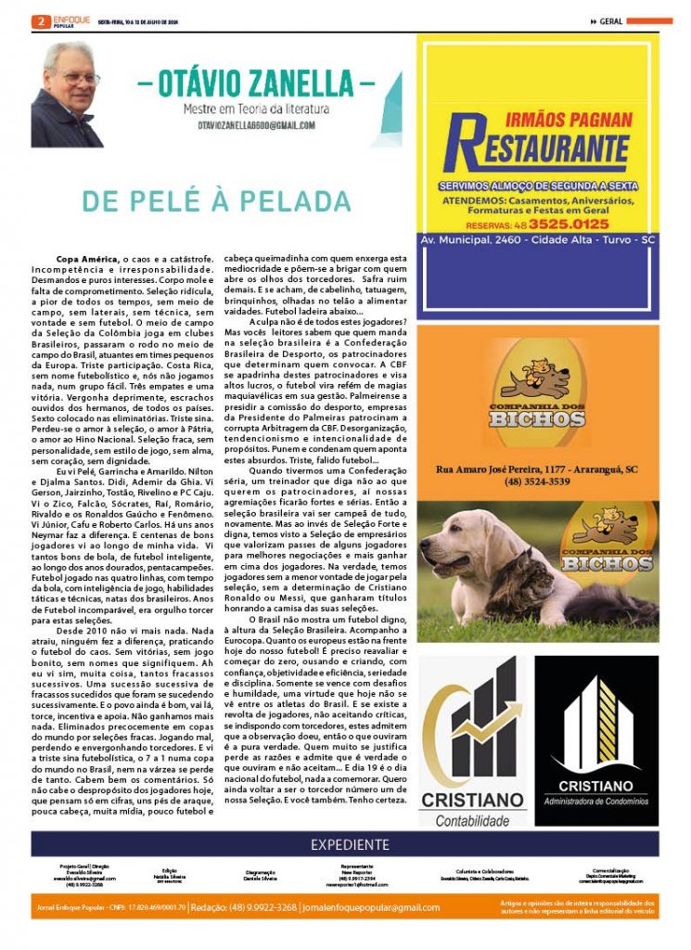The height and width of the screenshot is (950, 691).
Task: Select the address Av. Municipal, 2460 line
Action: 538,239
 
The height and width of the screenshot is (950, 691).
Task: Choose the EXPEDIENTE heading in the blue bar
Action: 350,844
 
